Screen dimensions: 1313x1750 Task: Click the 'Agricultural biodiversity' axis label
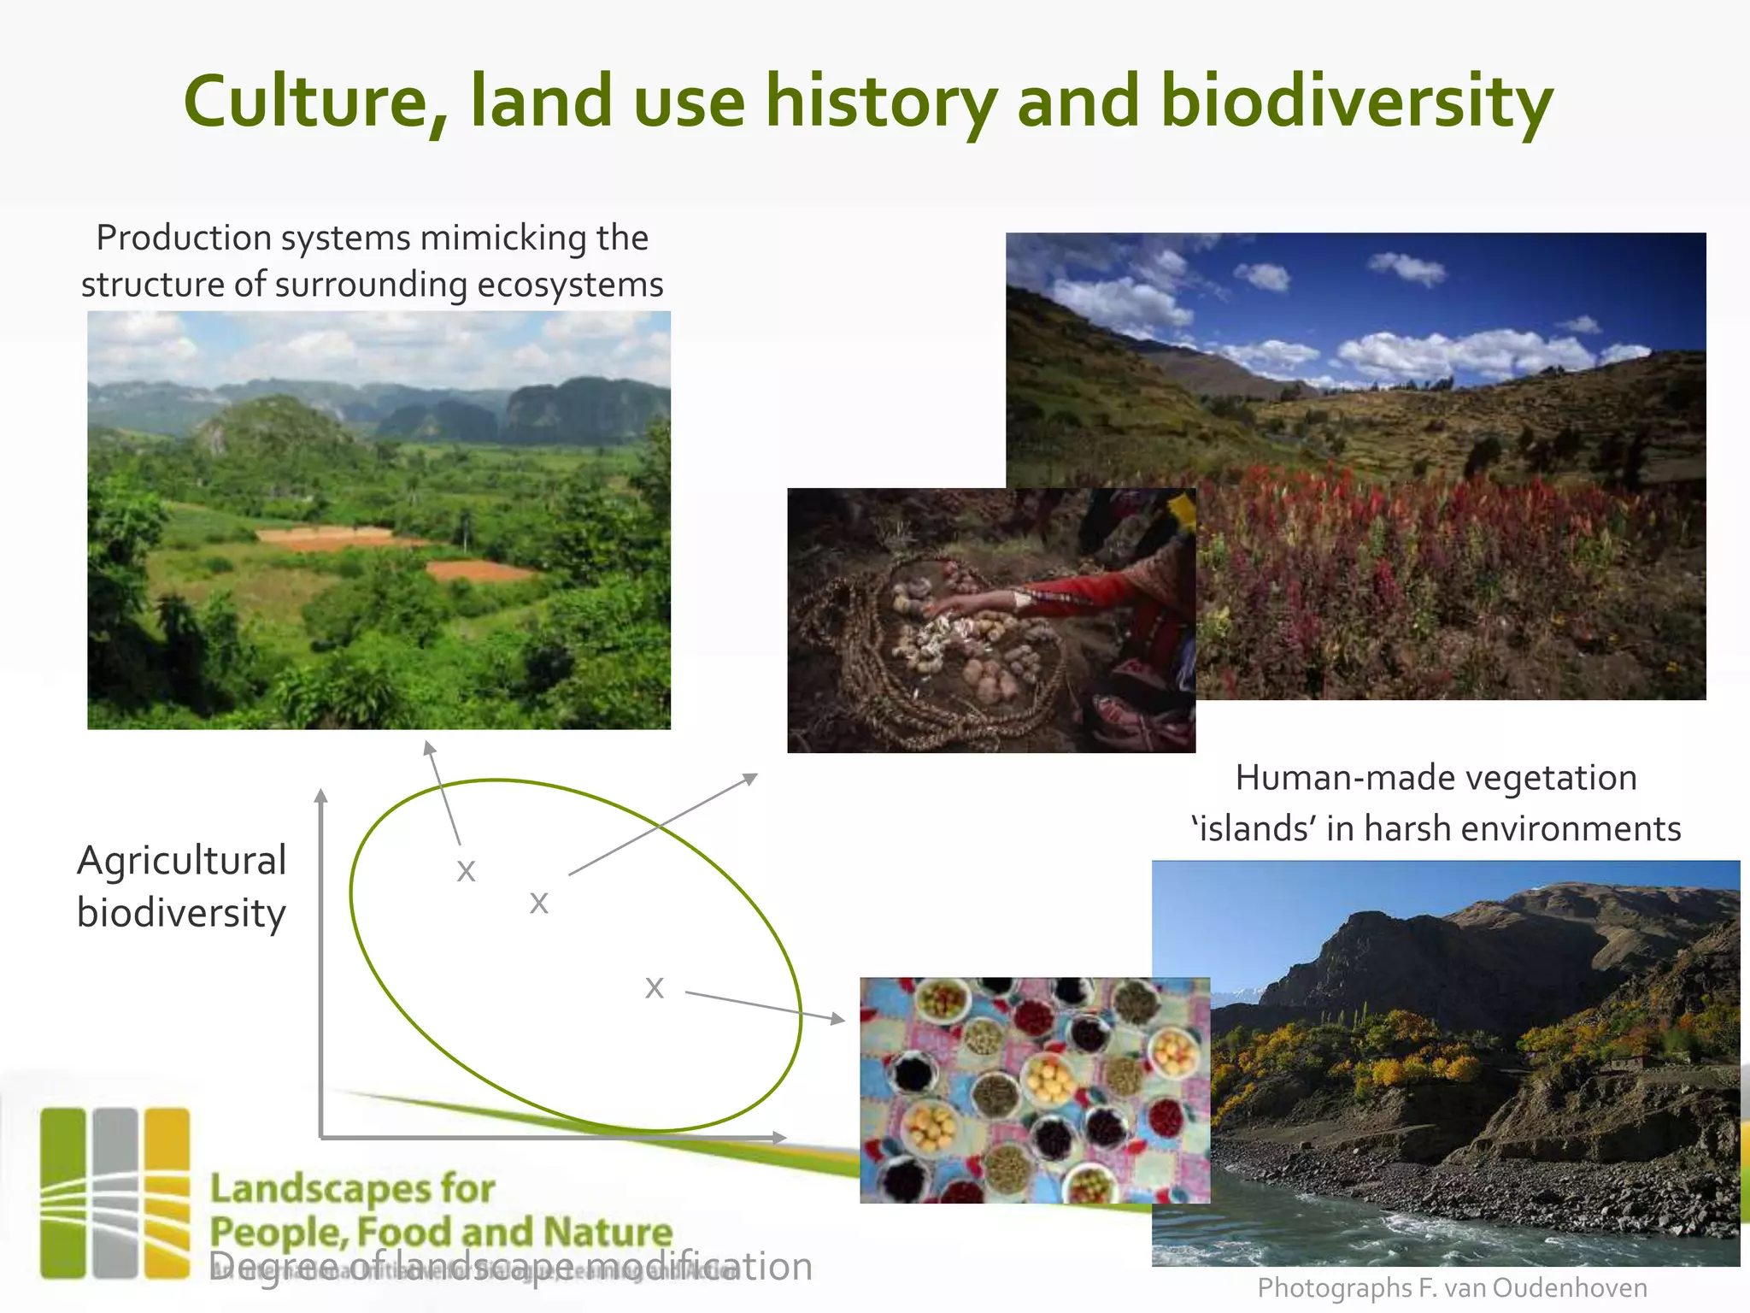[x=181, y=886]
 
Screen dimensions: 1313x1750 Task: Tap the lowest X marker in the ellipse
[x=655, y=988]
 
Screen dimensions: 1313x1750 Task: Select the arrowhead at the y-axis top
[x=321, y=796]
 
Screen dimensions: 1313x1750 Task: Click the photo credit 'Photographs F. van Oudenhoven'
[x=1452, y=1287]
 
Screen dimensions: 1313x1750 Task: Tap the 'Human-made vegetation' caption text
[x=1436, y=778]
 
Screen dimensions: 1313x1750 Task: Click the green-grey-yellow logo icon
[x=115, y=1193]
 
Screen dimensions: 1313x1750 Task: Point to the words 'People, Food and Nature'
[x=441, y=1232]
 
